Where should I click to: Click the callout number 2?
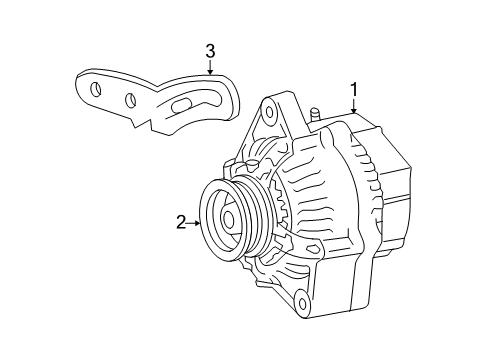pos(181,222)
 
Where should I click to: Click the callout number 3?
pos(210,50)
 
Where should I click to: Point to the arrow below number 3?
pos(210,67)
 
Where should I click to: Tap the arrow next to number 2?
pos(194,222)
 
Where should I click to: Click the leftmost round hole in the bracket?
pos(96,89)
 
